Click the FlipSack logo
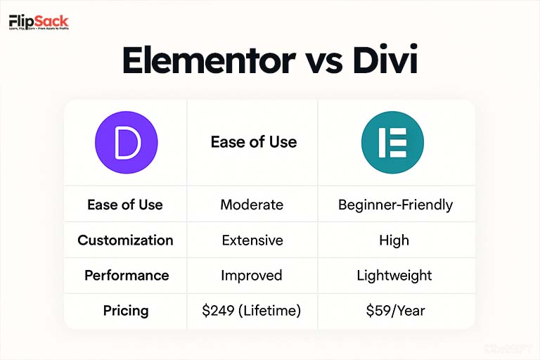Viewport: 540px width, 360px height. tap(39, 24)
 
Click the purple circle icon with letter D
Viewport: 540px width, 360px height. tap(127, 142)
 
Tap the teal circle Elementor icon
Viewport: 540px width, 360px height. tap(392, 142)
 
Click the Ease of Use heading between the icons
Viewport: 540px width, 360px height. tap(254, 142)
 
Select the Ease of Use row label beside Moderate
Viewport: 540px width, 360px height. tap(125, 205)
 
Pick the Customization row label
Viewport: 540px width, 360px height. tap(125, 240)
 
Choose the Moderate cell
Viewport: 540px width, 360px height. tap(252, 205)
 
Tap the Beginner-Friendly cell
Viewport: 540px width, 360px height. tap(395, 205)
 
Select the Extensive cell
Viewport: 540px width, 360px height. tap(252, 240)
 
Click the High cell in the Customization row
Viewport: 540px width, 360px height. tap(394, 240)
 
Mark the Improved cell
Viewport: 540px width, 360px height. tap(252, 276)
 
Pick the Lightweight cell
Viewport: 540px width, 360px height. tap(394, 276)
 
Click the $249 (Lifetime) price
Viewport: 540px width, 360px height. tap(252, 310)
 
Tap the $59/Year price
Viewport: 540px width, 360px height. tap(394, 310)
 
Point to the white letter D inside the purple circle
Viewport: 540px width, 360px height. tap(128, 142)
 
